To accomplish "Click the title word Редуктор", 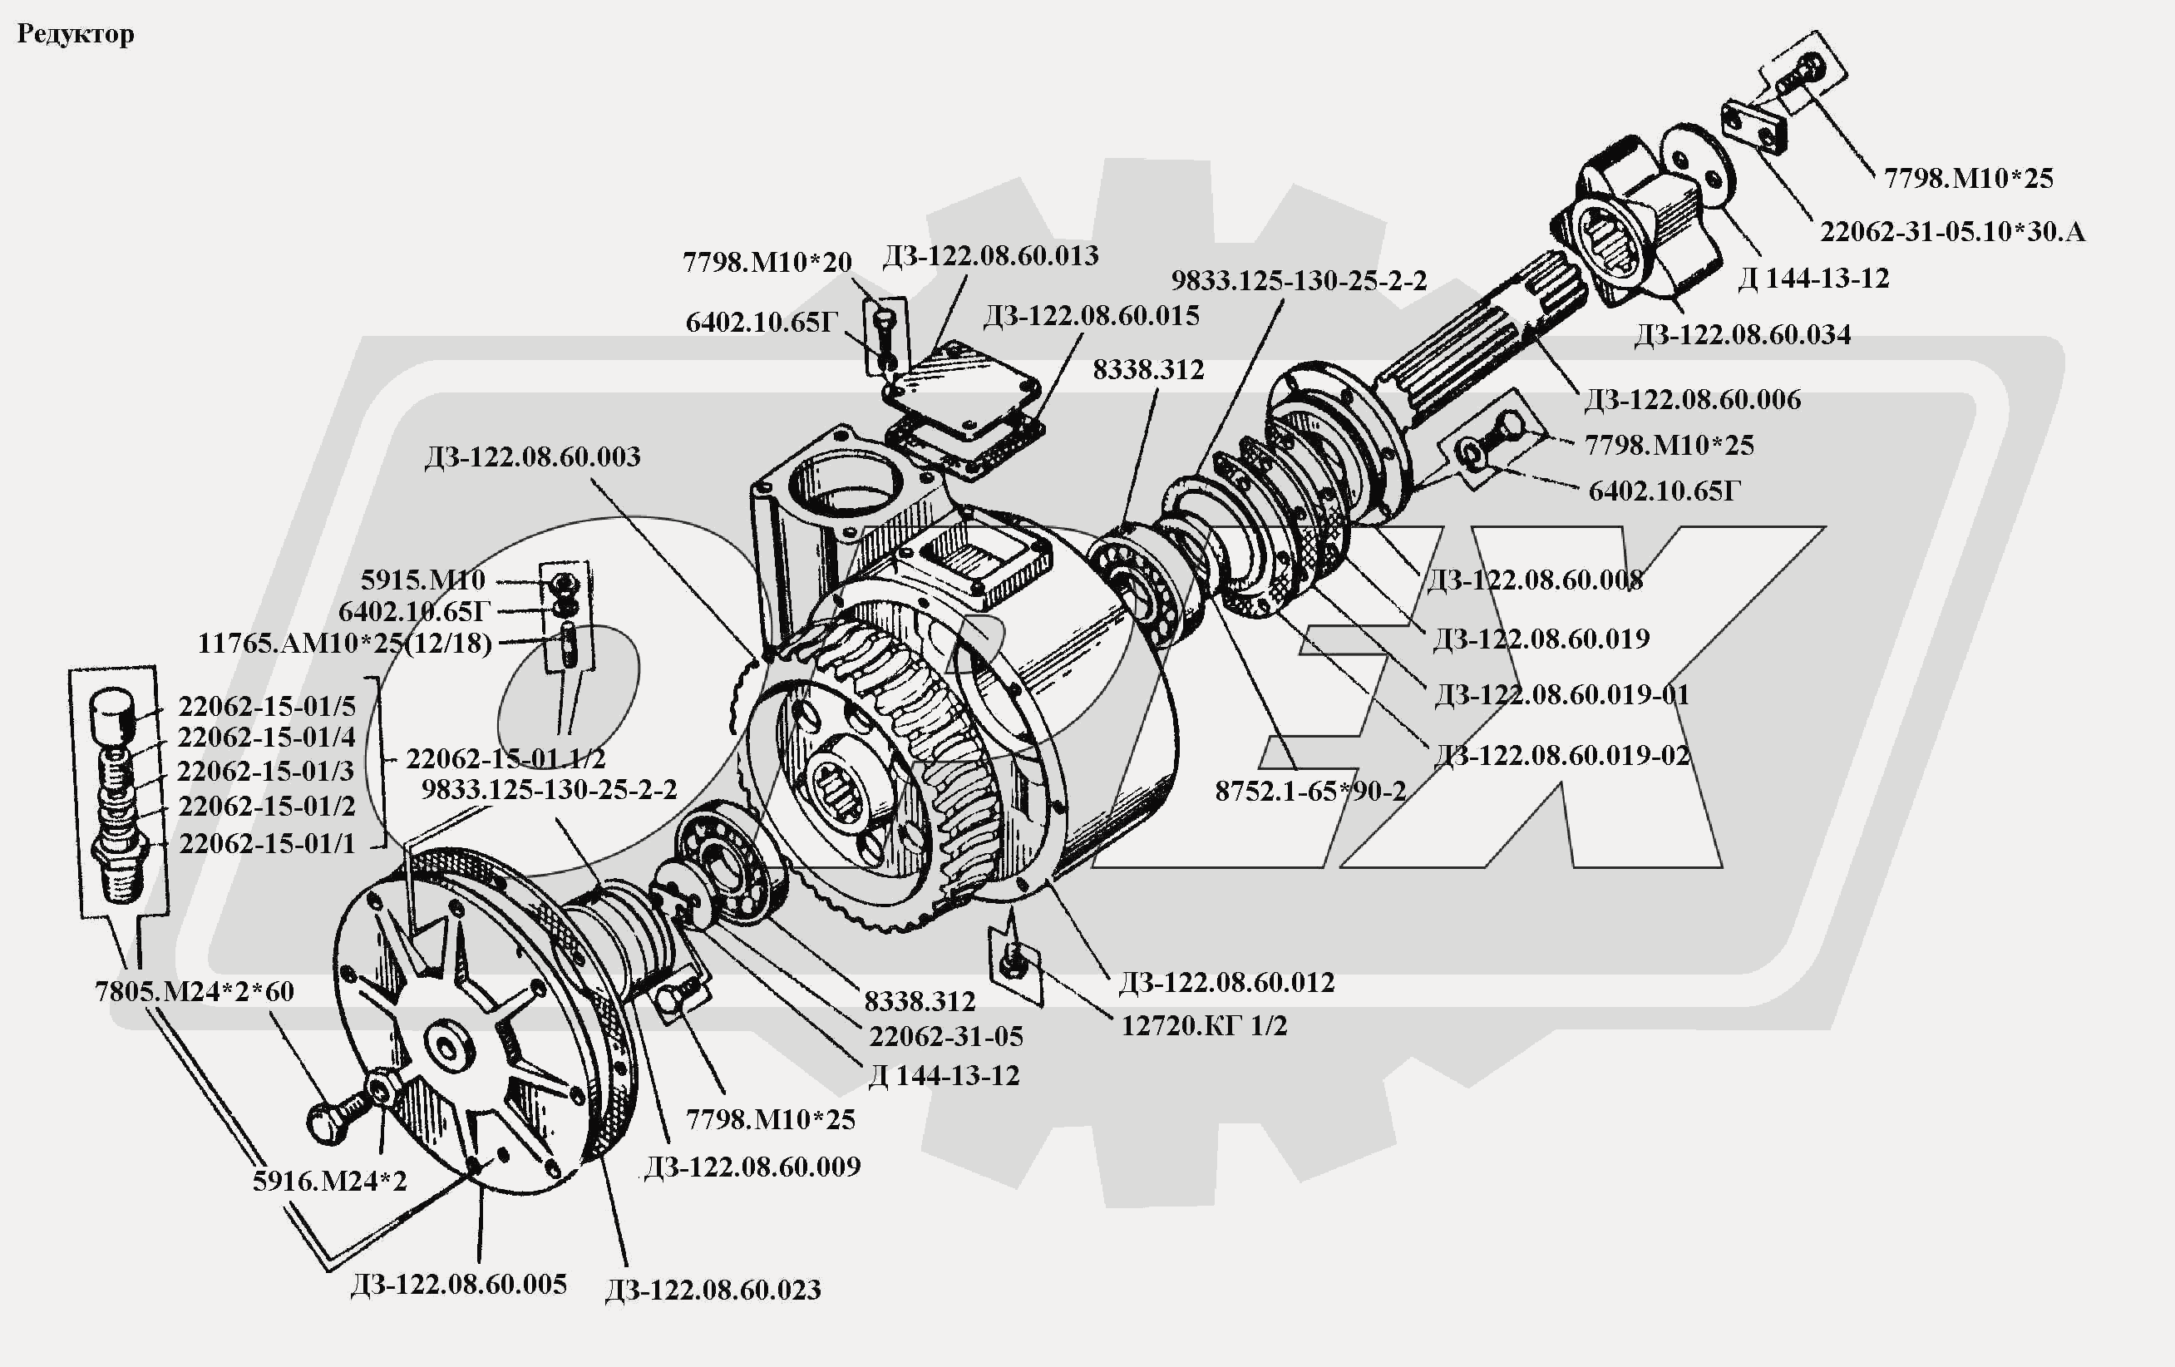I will click(x=76, y=34).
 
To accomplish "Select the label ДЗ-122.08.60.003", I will click(x=532, y=456).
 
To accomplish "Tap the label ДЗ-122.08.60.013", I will click(x=990, y=256).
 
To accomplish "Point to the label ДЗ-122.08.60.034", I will click(x=1743, y=334).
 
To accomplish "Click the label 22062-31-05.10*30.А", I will click(x=1952, y=231).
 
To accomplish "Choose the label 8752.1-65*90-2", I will click(x=1309, y=792).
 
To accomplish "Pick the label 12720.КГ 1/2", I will click(x=1203, y=1025).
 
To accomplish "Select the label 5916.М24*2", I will click(x=330, y=1181).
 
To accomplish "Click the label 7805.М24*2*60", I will click(x=195, y=991).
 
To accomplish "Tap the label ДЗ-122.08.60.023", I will click(x=713, y=1290).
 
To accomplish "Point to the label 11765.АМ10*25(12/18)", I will click(x=344, y=644).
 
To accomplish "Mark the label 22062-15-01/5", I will click(x=266, y=706).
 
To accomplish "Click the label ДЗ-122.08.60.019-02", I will click(x=1561, y=754).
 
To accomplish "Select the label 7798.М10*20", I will click(x=767, y=262).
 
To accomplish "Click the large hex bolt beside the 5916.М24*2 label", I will click(x=331, y=1120).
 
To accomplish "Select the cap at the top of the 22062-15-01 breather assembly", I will click(x=114, y=714).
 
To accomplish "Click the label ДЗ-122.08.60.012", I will click(x=1226, y=982).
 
